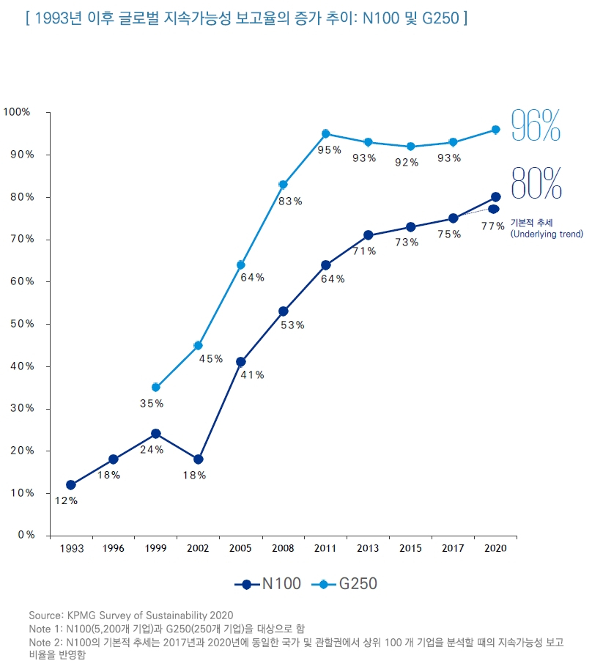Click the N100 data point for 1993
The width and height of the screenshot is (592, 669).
tap(71, 484)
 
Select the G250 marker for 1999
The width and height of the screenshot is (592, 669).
tap(155, 388)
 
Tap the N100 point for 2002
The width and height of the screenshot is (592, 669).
tap(198, 459)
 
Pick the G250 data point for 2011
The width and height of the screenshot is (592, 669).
tap(325, 133)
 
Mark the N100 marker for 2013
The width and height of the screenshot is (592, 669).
tap(368, 235)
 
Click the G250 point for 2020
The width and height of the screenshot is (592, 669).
tap(495, 129)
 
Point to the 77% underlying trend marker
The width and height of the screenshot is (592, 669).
tap(494, 209)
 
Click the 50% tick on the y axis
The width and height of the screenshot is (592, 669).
tap(22, 323)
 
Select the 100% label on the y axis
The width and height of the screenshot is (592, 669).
tap(17, 112)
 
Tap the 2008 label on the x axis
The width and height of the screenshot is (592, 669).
tap(283, 548)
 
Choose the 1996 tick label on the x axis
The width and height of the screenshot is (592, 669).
tap(113, 548)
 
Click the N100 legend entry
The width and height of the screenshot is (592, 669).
tap(268, 584)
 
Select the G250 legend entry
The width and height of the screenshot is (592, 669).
tap(344, 584)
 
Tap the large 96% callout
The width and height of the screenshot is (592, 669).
tap(536, 125)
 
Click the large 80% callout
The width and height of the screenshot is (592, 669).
tap(536, 183)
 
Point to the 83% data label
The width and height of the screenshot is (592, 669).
tap(290, 201)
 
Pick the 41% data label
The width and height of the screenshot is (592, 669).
tap(253, 375)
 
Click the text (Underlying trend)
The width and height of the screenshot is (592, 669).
tap(547, 234)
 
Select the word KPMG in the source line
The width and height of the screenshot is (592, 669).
tap(81, 616)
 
